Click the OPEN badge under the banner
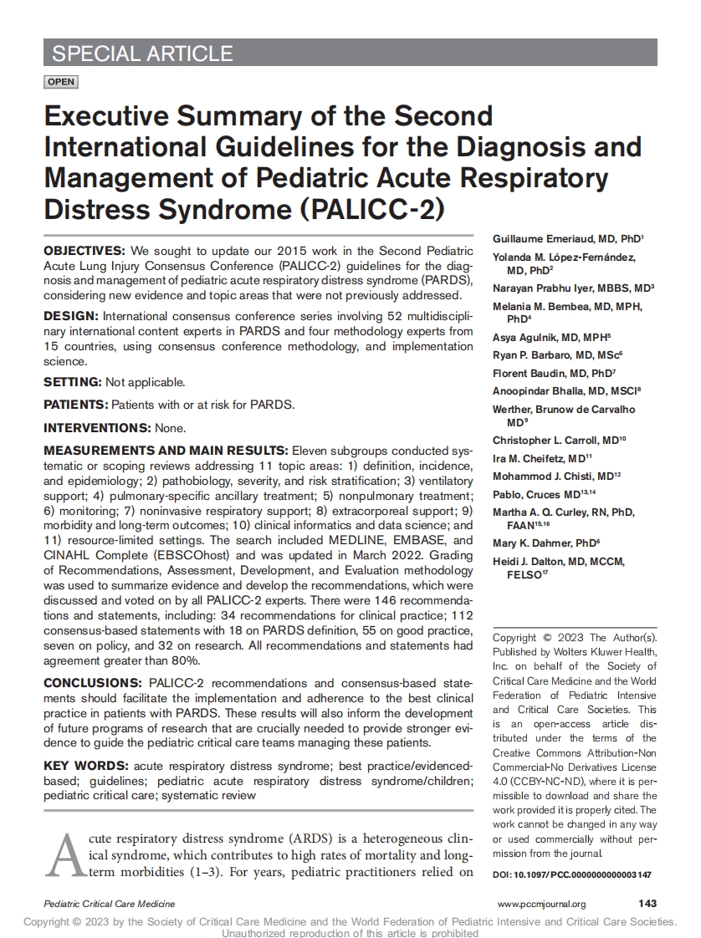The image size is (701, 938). [x=61, y=82]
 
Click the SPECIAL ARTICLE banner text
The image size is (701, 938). [x=142, y=54]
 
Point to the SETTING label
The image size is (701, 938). [x=73, y=382]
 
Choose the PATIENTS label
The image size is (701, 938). [x=76, y=405]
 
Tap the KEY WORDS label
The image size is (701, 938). [x=85, y=766]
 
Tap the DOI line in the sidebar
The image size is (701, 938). [x=572, y=874]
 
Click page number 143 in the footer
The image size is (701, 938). [x=647, y=904]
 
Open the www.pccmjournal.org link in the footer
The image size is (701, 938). [x=541, y=904]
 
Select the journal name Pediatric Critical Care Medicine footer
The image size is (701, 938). [x=110, y=904]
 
